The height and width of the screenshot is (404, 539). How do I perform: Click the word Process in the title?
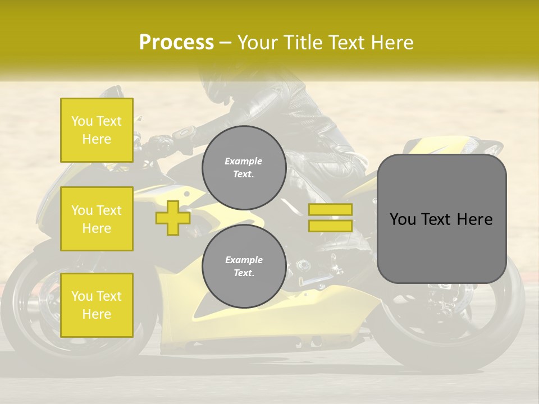pyautogui.click(x=176, y=43)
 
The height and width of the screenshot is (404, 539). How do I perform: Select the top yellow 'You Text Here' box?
pyautogui.click(x=97, y=130)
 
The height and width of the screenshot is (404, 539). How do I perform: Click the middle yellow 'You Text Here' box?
pyautogui.click(x=97, y=219)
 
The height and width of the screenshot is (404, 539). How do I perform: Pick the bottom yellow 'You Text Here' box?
pyautogui.click(x=97, y=305)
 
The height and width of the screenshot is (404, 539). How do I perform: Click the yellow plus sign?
pyautogui.click(x=173, y=218)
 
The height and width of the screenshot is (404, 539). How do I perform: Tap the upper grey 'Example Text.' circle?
pyautogui.click(x=244, y=167)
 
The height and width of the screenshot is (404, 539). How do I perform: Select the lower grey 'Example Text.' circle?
pyautogui.click(x=244, y=266)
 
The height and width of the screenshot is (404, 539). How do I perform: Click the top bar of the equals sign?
pyautogui.click(x=331, y=209)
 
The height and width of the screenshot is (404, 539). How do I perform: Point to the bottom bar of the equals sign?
pyautogui.click(x=331, y=226)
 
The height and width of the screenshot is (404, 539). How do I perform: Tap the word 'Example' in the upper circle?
pyautogui.click(x=244, y=161)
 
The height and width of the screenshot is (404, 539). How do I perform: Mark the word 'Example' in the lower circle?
pyautogui.click(x=244, y=260)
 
